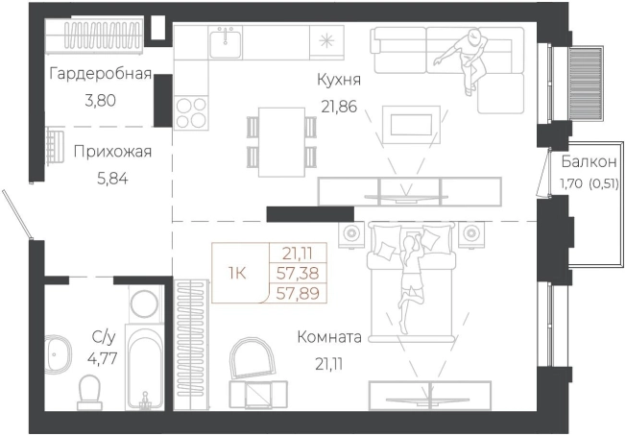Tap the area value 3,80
[101, 99]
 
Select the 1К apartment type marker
[236, 273]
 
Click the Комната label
[328, 337]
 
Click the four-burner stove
[191, 111]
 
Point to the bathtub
[147, 370]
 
